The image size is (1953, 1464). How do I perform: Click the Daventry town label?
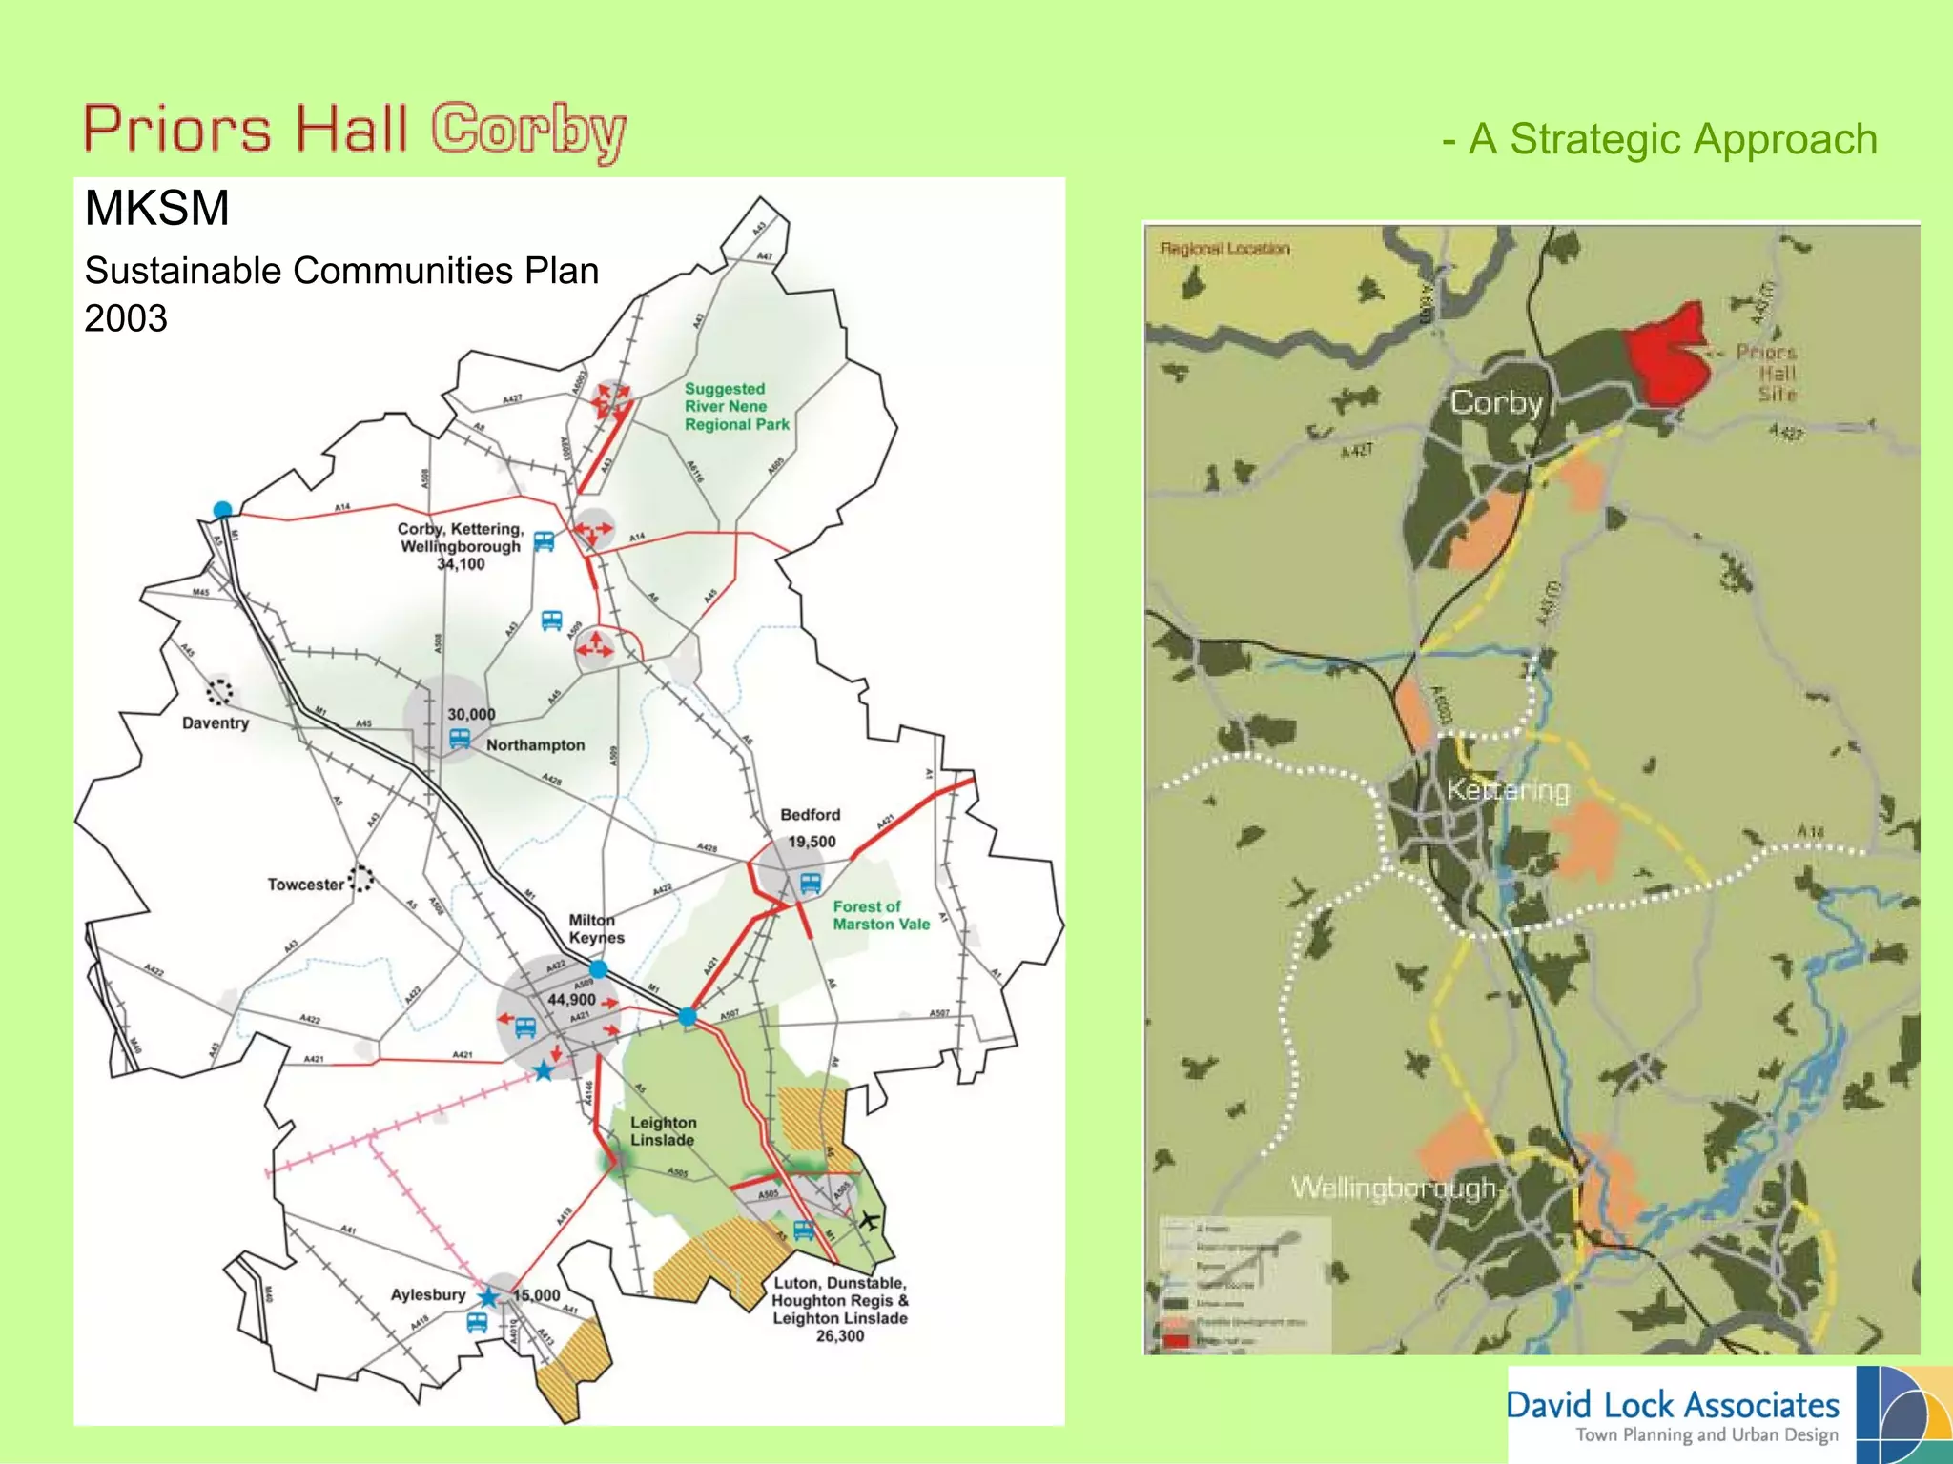pos(216,723)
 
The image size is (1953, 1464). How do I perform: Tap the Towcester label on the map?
pos(305,884)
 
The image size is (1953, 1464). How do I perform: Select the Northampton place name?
pos(535,745)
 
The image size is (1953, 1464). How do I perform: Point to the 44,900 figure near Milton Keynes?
pos(571,1000)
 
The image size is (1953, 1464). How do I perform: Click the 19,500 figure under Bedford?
pos(812,842)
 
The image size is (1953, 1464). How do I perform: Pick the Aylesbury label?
pos(428,1294)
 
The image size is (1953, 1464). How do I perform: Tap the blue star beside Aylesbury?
pos(488,1297)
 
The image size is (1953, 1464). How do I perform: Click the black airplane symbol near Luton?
pos(868,1219)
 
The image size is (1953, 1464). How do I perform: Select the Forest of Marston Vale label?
pos(880,915)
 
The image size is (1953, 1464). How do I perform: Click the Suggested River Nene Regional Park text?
pos(736,407)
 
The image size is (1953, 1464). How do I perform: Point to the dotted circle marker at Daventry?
pos(219,691)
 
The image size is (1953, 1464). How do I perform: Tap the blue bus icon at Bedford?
pos(811,883)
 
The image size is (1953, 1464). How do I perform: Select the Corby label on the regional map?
pos(1495,402)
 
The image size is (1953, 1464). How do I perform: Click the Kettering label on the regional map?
pos(1507,790)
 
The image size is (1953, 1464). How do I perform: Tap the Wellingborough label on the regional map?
pos(1392,1188)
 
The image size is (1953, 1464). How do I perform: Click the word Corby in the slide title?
pos(528,131)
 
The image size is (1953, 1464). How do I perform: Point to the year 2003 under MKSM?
pos(126,318)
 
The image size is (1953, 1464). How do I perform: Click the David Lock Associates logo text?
pos(1673,1405)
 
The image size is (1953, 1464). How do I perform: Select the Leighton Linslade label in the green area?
pos(663,1131)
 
